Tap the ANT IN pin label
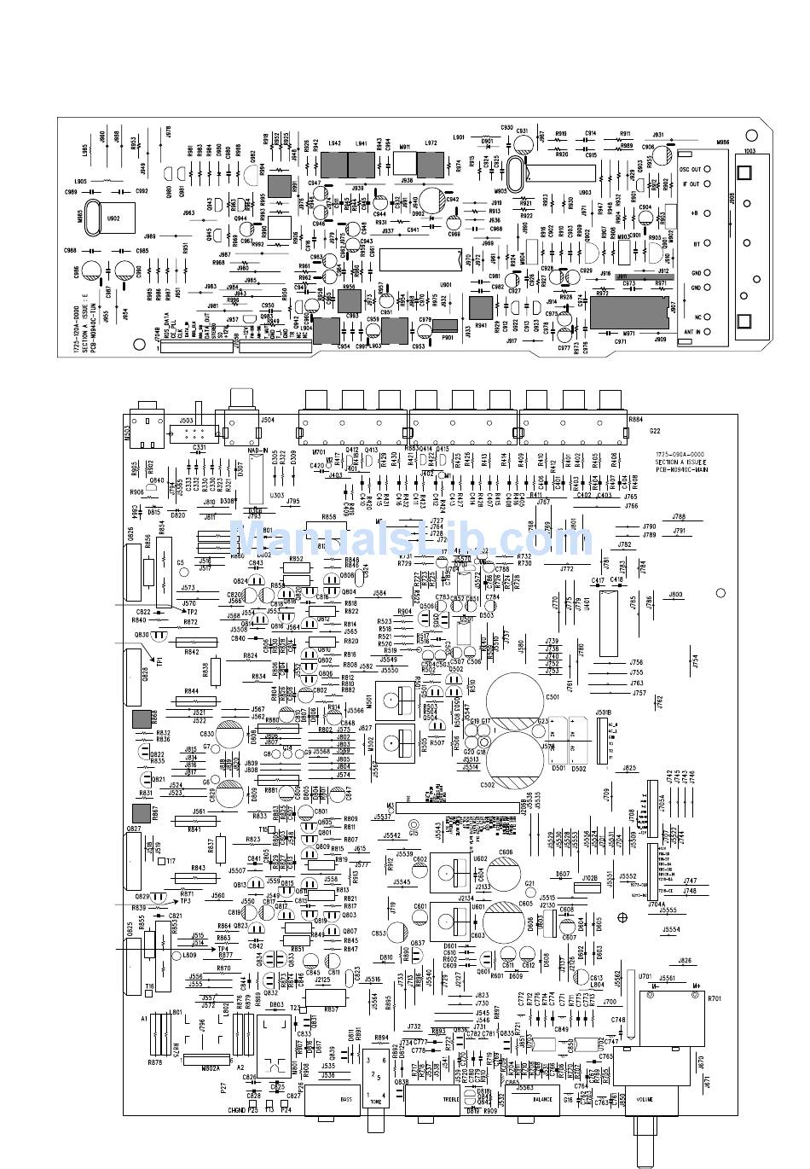pyautogui.click(x=691, y=332)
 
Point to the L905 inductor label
pyautogui.click(x=80, y=181)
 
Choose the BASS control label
pyautogui.click(x=346, y=1099)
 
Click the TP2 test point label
pyautogui.click(x=192, y=612)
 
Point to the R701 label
pyautogui.click(x=714, y=997)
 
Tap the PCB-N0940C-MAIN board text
pyautogui.click(x=681, y=469)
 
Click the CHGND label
pyautogui.click(x=236, y=1110)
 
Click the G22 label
pyautogui.click(x=655, y=431)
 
